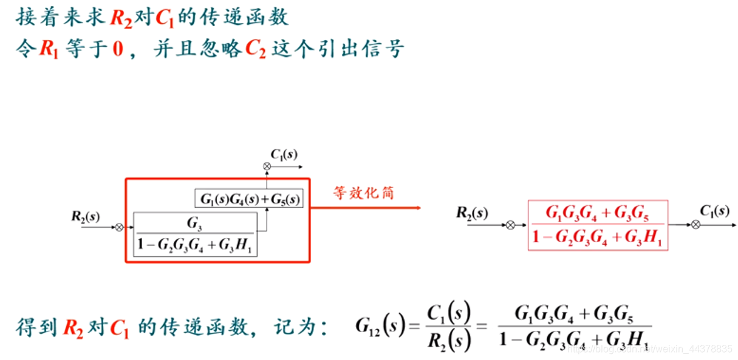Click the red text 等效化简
coord(363,193)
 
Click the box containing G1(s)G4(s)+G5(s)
coord(249,199)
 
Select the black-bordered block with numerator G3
coord(195,234)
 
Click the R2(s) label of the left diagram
coord(86,216)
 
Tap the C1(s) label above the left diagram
coord(284,154)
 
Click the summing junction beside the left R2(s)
coord(119,227)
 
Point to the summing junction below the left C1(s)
coord(267,166)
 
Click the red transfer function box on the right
coord(598,225)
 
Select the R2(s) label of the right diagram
coord(471,212)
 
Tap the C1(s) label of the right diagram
coord(714,211)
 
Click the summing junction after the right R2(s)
coord(511,225)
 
